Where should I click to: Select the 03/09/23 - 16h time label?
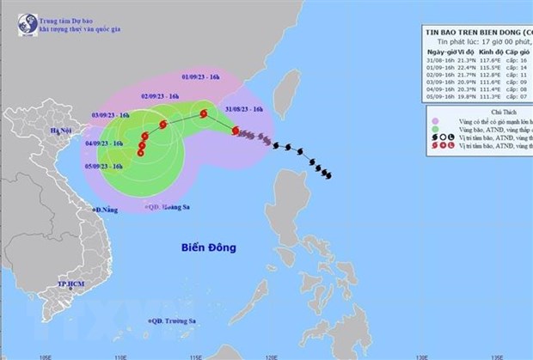pyautogui.click(x=111, y=113)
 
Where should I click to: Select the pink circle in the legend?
pyautogui.click(x=438, y=121)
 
